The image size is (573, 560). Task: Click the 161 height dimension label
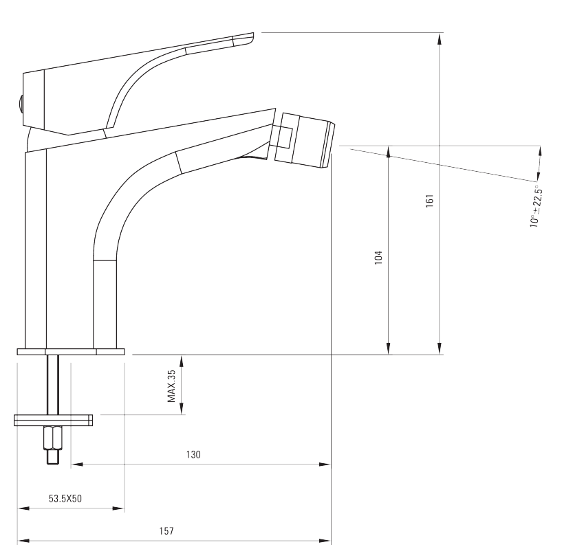430,201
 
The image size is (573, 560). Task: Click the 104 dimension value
378,258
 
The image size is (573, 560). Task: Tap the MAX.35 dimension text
171,386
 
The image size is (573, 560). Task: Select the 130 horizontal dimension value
193,454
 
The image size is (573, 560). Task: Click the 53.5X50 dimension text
65,499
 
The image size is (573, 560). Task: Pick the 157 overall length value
166,530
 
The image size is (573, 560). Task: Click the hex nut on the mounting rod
53,438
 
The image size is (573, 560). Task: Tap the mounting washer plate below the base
54,421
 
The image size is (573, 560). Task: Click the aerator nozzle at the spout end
305,139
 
